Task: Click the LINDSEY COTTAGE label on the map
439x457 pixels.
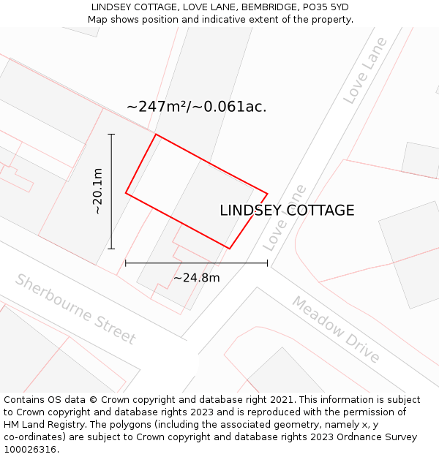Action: tap(287, 211)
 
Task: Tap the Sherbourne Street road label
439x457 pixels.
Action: tap(75, 309)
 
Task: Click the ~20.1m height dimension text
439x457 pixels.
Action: tap(98, 191)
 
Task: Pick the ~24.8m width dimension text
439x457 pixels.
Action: tap(196, 278)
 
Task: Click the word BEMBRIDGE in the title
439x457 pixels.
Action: tap(266, 7)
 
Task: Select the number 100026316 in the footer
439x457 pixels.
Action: tap(31, 449)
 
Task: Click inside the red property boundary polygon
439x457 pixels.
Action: tap(194, 192)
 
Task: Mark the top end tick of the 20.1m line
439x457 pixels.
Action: tap(111, 134)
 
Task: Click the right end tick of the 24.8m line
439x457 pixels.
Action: tap(267, 263)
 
